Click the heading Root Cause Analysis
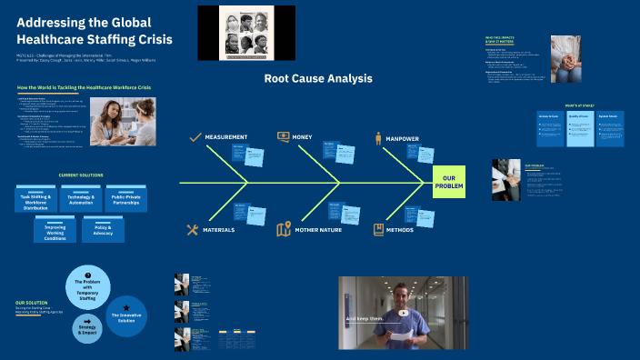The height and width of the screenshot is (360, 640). pyautogui.click(x=318, y=79)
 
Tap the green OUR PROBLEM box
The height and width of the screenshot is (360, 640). pyautogui.click(x=447, y=182)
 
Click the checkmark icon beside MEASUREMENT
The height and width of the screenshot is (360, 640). pyautogui.click(x=195, y=137)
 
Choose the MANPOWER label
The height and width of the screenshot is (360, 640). pyautogui.click(x=405, y=138)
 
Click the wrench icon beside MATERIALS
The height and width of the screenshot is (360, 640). pyautogui.click(x=193, y=230)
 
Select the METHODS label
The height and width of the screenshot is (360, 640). pyautogui.click(x=400, y=230)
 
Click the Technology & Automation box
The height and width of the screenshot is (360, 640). pyautogui.click(x=83, y=200)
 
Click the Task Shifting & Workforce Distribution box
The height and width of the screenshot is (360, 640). pyautogui.click(x=34, y=200)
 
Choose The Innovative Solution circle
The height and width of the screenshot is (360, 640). pyautogui.click(x=126, y=315)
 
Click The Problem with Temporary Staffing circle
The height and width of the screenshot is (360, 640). pyautogui.click(x=88, y=287)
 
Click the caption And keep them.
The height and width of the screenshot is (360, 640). pyautogui.click(x=366, y=319)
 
